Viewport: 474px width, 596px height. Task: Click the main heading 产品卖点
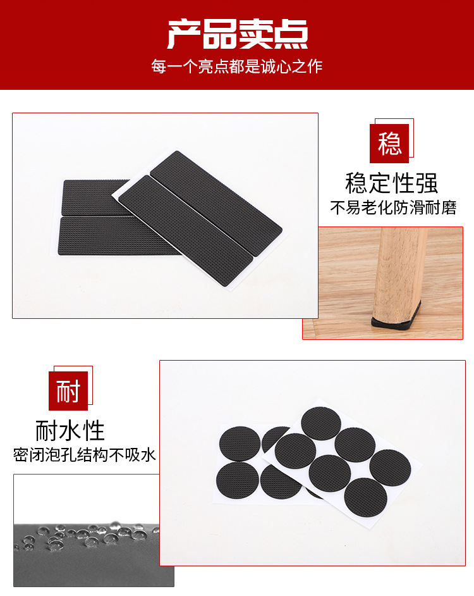pyautogui.click(x=237, y=35)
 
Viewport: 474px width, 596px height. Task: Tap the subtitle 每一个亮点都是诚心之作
pyautogui.click(x=237, y=66)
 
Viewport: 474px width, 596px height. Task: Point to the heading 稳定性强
pyautogui.click(x=392, y=183)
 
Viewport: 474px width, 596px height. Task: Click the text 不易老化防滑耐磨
pyautogui.click(x=393, y=208)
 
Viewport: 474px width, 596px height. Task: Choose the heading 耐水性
pyautogui.click(x=70, y=431)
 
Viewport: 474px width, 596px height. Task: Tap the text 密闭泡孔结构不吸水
pyautogui.click(x=85, y=455)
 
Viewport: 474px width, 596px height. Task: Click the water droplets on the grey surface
pyautogui.click(x=82, y=537)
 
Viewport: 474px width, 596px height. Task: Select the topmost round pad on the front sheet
pyautogui.click(x=321, y=423)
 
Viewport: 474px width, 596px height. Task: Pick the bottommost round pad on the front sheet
pyautogui.click(x=365, y=497)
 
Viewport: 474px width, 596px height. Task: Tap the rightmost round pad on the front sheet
pyautogui.click(x=390, y=467)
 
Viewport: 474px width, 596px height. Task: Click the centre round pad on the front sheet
pyautogui.click(x=330, y=473)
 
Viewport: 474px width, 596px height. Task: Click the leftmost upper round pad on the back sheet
pyautogui.click(x=240, y=444)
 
